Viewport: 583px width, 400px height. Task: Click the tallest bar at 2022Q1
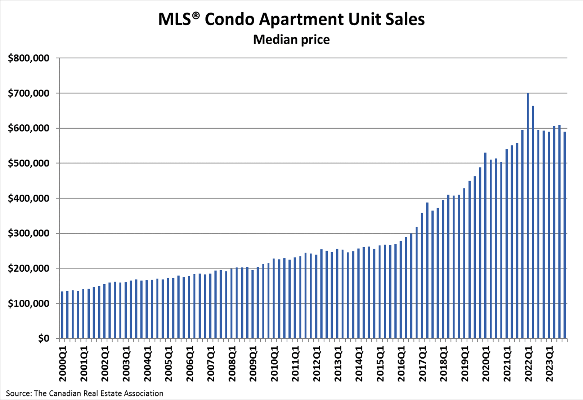coord(528,216)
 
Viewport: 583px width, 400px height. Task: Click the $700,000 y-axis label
coord(28,94)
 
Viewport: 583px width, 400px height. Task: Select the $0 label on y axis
coord(44,339)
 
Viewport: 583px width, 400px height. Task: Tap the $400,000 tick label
coord(28,199)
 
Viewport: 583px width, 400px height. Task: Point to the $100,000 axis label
coord(28,304)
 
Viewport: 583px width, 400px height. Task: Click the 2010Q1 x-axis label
coord(274,364)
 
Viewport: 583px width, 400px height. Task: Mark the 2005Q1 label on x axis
coord(169,364)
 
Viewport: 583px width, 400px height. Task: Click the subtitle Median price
coord(291,39)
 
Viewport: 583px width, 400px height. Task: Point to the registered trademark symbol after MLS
coord(196,15)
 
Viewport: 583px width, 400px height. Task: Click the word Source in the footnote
coord(17,394)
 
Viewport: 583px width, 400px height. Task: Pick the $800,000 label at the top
coord(28,58)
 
